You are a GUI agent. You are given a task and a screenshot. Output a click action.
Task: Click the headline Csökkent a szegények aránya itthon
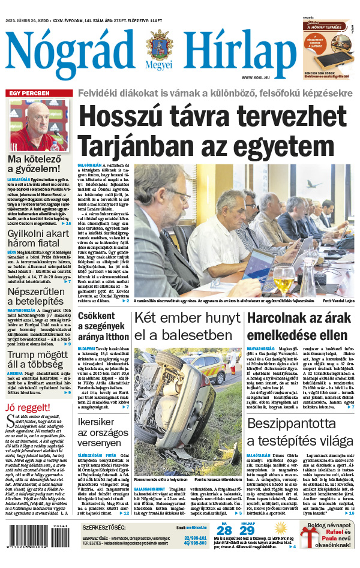[103, 324]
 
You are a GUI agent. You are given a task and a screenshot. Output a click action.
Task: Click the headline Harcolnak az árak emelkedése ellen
[297, 326]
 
